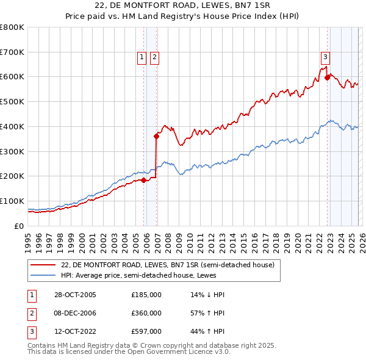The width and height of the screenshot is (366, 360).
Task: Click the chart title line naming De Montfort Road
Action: pos(183,6)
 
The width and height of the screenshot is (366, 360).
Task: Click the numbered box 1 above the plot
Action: pos(142,57)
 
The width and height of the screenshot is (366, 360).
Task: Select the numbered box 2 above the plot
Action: pos(154,57)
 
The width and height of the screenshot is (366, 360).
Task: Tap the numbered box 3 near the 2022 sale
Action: pos(326,57)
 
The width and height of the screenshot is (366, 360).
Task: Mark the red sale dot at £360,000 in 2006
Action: pos(157,136)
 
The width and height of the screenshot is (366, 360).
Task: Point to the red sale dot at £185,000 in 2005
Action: pos(144,180)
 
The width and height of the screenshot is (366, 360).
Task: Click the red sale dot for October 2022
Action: pos(328,77)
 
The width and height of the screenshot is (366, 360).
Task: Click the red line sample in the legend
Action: pos(43,265)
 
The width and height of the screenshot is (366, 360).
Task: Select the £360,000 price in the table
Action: pos(146,313)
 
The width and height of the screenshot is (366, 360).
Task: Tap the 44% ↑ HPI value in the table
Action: pos(207,332)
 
